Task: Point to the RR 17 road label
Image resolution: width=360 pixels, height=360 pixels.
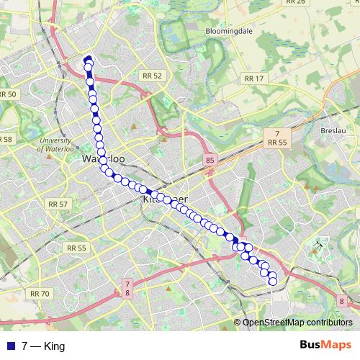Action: pyautogui.click(x=254, y=78)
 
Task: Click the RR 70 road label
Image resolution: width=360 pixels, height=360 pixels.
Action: pyautogui.click(x=40, y=293)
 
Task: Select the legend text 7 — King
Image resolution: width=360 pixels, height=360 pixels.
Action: pyautogui.click(x=43, y=346)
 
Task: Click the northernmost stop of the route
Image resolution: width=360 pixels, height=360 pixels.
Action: pyautogui.click(x=89, y=60)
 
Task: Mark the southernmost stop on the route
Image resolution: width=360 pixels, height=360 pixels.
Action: pyautogui.click(x=273, y=282)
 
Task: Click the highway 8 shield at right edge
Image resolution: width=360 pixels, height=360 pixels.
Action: pyautogui.click(x=341, y=302)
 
